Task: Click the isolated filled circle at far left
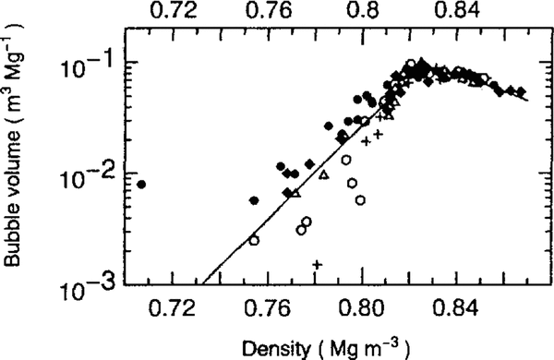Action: click(141, 184)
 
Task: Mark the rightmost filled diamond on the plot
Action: click(522, 91)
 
